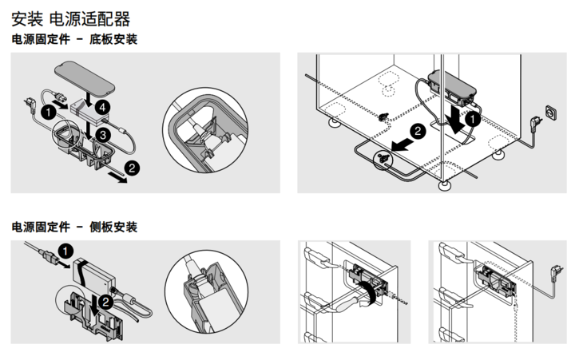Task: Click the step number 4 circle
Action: pyautogui.click(x=101, y=106)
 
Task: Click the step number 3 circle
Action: pyautogui.click(x=101, y=135)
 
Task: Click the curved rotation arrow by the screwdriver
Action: pyautogui.click(x=364, y=289)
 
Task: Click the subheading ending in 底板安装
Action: pyautogui.click(x=74, y=39)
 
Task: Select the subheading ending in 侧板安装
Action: pyautogui.click(x=74, y=227)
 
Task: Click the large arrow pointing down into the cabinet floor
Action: pyautogui.click(x=456, y=120)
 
